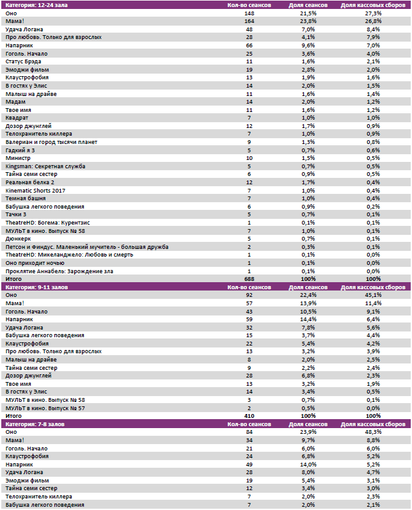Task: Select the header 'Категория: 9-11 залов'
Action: pyautogui.click(x=35, y=287)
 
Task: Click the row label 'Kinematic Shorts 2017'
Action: pyautogui.click(x=35, y=191)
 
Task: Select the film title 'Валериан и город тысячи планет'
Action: pyautogui.click(x=51, y=142)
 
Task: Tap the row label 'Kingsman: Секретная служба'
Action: pyautogui.click(x=45, y=166)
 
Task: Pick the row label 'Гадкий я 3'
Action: pyautogui.click(x=20, y=150)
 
